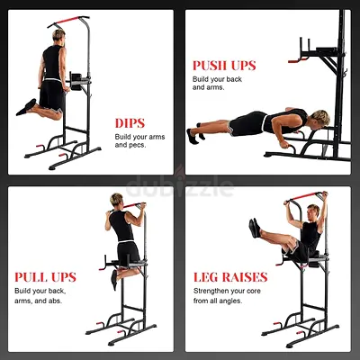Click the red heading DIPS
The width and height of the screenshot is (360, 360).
[130, 123]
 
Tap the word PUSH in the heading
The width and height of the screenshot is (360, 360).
[210, 66]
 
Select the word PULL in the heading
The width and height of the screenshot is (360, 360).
[31, 277]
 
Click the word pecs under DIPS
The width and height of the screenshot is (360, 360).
[138, 145]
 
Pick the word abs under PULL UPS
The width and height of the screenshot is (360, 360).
[55, 301]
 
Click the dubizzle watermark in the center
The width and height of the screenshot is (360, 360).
[180, 186]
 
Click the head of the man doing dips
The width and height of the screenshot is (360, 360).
[58, 35]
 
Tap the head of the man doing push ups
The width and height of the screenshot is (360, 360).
[319, 118]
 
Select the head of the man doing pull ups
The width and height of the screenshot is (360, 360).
[116, 201]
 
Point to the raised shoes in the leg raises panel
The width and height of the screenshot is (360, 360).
[255, 228]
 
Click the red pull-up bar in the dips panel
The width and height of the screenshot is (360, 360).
[67, 21]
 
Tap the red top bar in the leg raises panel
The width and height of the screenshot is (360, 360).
[305, 196]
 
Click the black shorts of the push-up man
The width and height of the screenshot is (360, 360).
[247, 123]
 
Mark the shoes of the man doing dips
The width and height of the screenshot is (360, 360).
[26, 107]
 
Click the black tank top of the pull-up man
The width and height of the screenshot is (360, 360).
[121, 226]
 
